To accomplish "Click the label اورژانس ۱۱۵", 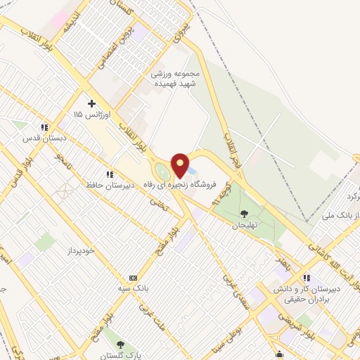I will pos(88,114).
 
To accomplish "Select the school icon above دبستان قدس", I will pos(44,127).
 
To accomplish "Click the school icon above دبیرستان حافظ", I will pos(109,174).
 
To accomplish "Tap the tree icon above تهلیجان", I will pos(244,214).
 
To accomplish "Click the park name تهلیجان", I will pos(245,225).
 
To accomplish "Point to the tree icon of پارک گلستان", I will pos(121,345).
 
